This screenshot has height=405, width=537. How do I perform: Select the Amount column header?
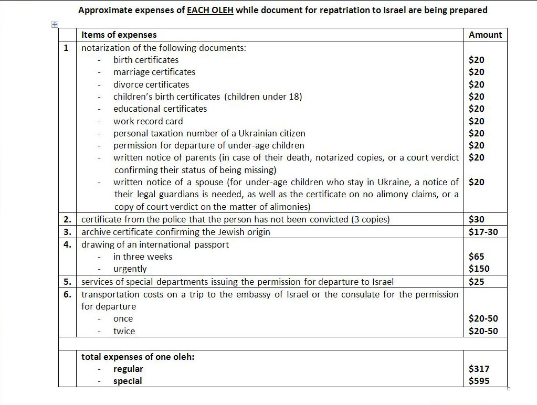[x=485, y=35]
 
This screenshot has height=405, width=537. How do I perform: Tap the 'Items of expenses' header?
[x=119, y=35]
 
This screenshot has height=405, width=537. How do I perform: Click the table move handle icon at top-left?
[x=54, y=24]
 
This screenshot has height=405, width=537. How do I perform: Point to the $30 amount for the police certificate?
[x=477, y=219]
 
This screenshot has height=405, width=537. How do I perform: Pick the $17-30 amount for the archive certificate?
[x=483, y=231]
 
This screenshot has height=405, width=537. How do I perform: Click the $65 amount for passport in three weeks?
[x=477, y=257]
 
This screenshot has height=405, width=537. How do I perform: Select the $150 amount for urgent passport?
[x=479, y=269]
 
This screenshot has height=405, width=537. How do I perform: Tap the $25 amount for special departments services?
[x=477, y=282]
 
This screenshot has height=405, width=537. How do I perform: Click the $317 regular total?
[x=479, y=369]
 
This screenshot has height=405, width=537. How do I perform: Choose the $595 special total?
[x=479, y=381]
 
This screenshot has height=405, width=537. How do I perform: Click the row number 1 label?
[x=66, y=48]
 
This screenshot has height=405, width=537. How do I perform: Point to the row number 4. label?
[x=67, y=244]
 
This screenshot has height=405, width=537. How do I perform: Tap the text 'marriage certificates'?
[x=154, y=72]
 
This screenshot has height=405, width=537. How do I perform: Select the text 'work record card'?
[x=148, y=121]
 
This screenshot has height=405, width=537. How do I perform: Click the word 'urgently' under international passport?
[x=130, y=269]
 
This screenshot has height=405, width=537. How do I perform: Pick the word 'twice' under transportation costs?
[x=124, y=331]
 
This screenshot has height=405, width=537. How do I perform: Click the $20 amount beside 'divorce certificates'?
[x=477, y=84]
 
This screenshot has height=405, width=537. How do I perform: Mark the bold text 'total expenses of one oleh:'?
[x=138, y=357]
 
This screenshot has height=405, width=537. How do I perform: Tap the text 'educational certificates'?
[x=160, y=109]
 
